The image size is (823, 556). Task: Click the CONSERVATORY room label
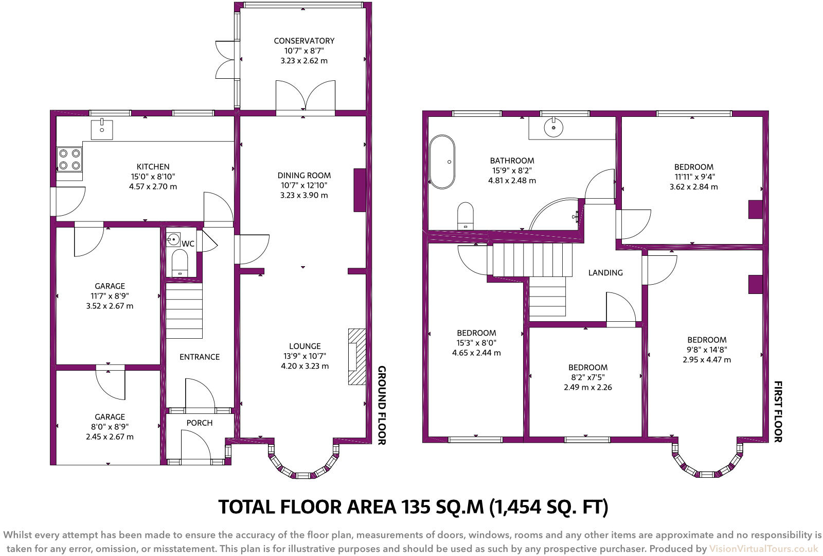click(304, 41)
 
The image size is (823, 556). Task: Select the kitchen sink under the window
click(102, 129)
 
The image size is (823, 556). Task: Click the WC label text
click(188, 244)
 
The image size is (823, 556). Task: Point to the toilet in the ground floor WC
click(180, 262)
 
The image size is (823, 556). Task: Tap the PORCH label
click(200, 423)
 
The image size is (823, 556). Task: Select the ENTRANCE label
click(200, 357)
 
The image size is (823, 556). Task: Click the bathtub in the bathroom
click(442, 162)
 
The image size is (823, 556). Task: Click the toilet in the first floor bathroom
click(465, 216)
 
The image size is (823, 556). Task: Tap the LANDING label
click(605, 272)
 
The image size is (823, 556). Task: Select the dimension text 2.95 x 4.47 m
click(707, 359)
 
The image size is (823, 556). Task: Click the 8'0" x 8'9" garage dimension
click(110, 427)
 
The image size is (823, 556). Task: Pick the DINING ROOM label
click(304, 175)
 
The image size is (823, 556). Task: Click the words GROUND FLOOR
click(382, 405)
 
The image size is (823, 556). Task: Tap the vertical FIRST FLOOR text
click(778, 411)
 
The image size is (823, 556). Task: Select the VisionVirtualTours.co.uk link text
click(763, 548)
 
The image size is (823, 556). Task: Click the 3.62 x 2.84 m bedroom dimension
click(693, 186)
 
